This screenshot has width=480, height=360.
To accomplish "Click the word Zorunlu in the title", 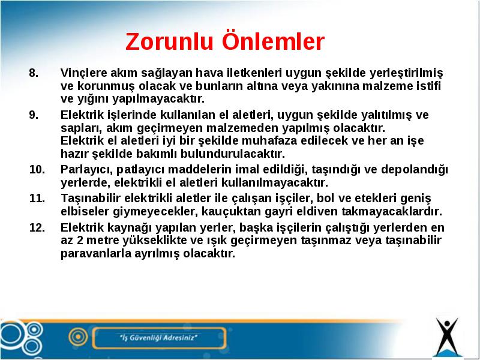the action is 169,41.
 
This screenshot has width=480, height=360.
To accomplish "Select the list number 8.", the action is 34,73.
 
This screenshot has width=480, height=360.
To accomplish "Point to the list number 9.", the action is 34,115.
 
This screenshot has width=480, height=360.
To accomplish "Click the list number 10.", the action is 37,169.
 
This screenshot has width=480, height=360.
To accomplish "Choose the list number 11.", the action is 37,199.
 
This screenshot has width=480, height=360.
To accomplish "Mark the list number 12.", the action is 37,227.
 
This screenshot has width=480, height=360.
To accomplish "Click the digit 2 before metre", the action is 80,241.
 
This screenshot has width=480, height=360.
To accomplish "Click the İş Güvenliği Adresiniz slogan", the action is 158,338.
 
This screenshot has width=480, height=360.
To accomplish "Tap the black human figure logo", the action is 447,336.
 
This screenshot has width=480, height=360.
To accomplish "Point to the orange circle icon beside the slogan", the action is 78,337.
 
